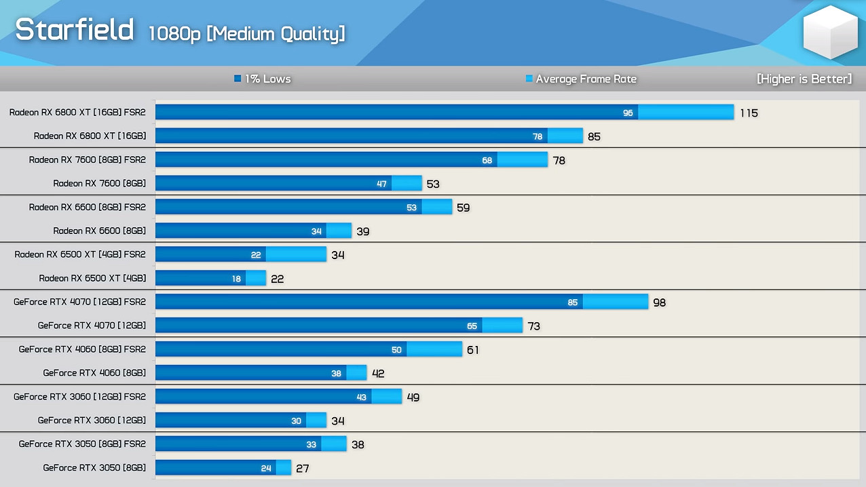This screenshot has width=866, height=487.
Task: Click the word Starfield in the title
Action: (74, 29)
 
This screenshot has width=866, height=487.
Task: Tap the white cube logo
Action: (830, 32)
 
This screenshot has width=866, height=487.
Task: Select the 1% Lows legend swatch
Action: (238, 79)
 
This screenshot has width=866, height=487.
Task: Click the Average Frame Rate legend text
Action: (586, 79)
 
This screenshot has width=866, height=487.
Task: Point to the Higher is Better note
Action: (804, 79)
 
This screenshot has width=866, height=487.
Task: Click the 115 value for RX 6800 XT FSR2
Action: (749, 113)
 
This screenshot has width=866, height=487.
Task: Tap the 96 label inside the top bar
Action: (628, 113)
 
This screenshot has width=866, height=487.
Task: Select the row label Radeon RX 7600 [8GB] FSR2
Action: (87, 160)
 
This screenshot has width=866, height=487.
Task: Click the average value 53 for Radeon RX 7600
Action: (433, 184)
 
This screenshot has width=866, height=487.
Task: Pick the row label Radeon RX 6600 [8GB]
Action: (99, 231)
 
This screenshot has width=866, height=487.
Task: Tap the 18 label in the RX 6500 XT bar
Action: (236, 278)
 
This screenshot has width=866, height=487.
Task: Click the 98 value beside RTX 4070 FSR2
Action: (659, 303)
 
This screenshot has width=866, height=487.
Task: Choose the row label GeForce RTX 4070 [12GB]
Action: (92, 326)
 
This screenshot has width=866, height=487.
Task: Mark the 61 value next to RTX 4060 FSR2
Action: (472, 350)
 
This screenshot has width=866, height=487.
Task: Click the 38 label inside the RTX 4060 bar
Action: (336, 373)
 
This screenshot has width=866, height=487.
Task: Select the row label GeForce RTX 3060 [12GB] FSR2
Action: (79, 397)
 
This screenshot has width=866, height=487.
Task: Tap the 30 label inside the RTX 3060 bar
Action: (296, 421)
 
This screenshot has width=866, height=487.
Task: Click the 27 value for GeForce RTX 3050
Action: (303, 468)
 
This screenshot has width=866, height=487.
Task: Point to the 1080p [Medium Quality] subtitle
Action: (246, 33)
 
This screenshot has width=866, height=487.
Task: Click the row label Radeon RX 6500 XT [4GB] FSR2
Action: (80, 254)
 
